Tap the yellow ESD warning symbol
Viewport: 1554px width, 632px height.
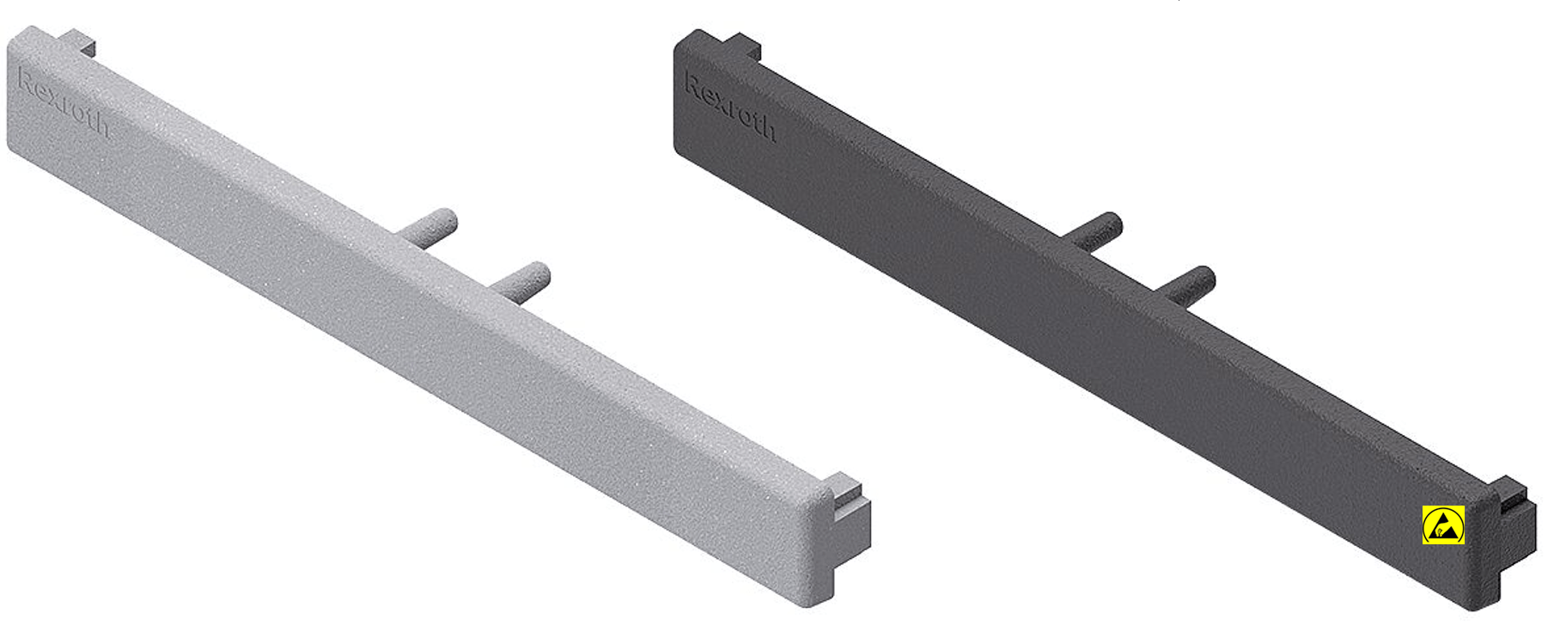[1443, 525]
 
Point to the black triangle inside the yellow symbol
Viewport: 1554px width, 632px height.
[1443, 526]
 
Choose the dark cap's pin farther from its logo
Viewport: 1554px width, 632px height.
[1185, 285]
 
